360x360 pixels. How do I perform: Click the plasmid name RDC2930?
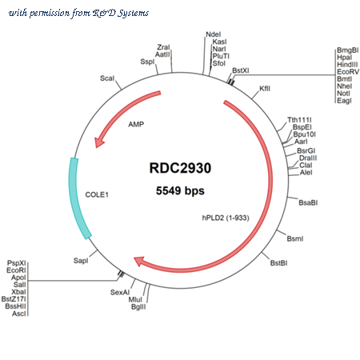pos(180,168)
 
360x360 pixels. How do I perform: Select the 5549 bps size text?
pos(180,190)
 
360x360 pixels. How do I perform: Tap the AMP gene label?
pos(136,124)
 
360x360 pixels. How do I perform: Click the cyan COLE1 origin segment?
pos(78,198)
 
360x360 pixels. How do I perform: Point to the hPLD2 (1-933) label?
pos(226,218)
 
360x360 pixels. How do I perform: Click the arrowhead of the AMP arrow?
pos(99,142)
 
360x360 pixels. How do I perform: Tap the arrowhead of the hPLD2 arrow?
pos(138,261)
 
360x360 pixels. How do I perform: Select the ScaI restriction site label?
pos(107,78)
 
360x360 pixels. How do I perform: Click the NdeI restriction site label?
pos(214,34)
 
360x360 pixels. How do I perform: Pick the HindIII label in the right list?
pos(347,65)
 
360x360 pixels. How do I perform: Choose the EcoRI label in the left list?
pos(16,270)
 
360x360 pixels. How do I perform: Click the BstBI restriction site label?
pos(278,263)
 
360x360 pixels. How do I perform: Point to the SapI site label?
pos(81,261)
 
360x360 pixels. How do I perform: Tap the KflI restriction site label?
pos(265,89)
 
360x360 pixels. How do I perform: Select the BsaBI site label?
pos(308,203)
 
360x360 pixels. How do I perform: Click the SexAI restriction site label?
pos(120,293)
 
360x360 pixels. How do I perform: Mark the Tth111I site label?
pos(299,120)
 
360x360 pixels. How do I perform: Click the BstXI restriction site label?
pos(241,70)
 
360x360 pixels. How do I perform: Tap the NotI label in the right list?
pos(343,94)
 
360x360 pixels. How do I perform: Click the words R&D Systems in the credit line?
pos(121,13)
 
